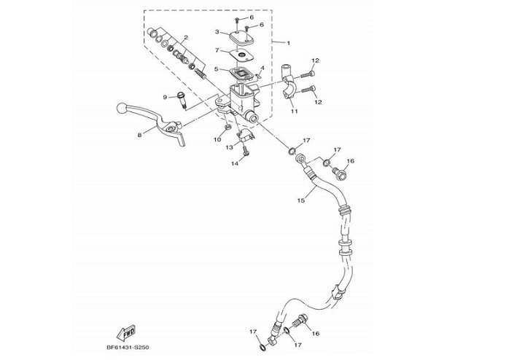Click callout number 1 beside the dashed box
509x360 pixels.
[x=288, y=44]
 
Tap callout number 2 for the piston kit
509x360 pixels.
[x=186, y=37]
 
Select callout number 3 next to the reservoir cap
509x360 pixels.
[x=217, y=32]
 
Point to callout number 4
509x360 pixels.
[x=262, y=69]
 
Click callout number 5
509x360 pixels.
[x=217, y=70]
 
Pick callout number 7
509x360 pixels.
[x=217, y=50]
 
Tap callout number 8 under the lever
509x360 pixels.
[x=139, y=135]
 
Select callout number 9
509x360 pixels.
[x=165, y=97]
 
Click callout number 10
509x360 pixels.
[x=217, y=139]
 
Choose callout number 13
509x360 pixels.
[x=228, y=147]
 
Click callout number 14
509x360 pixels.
[x=235, y=163]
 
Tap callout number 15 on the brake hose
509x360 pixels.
[x=300, y=197]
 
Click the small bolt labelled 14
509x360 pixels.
[x=246, y=152]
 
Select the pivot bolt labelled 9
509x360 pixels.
[x=182, y=97]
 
